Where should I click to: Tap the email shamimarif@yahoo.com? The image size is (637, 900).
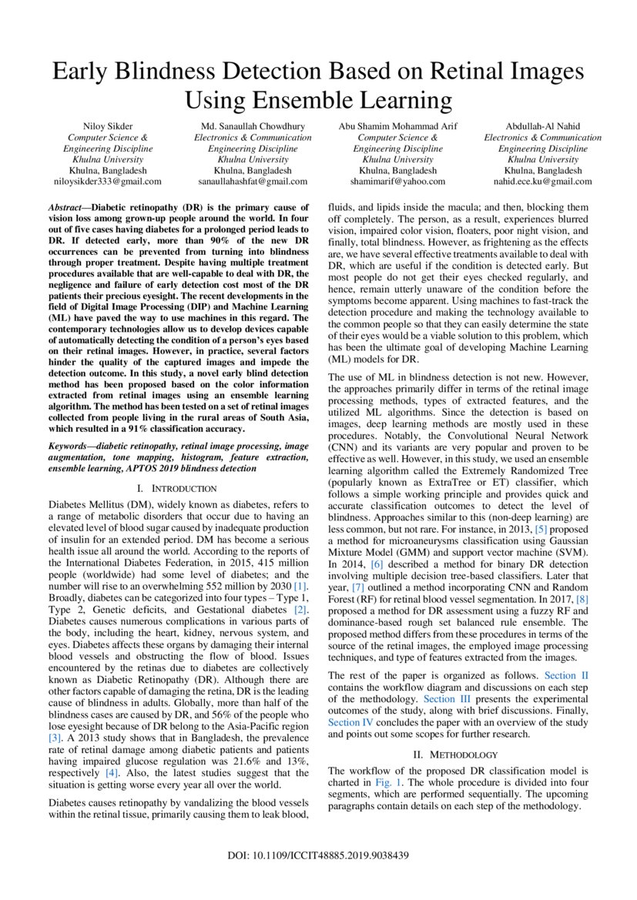pyautogui.click(x=397, y=182)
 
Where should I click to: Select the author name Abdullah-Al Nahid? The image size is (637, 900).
pyautogui.click(x=543, y=126)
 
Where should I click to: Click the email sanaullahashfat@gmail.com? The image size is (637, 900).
pyautogui.click(x=253, y=182)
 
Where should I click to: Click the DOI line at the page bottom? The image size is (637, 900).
pyautogui.click(x=318, y=856)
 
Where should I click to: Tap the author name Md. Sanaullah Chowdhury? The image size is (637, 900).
pyautogui.click(x=253, y=126)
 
